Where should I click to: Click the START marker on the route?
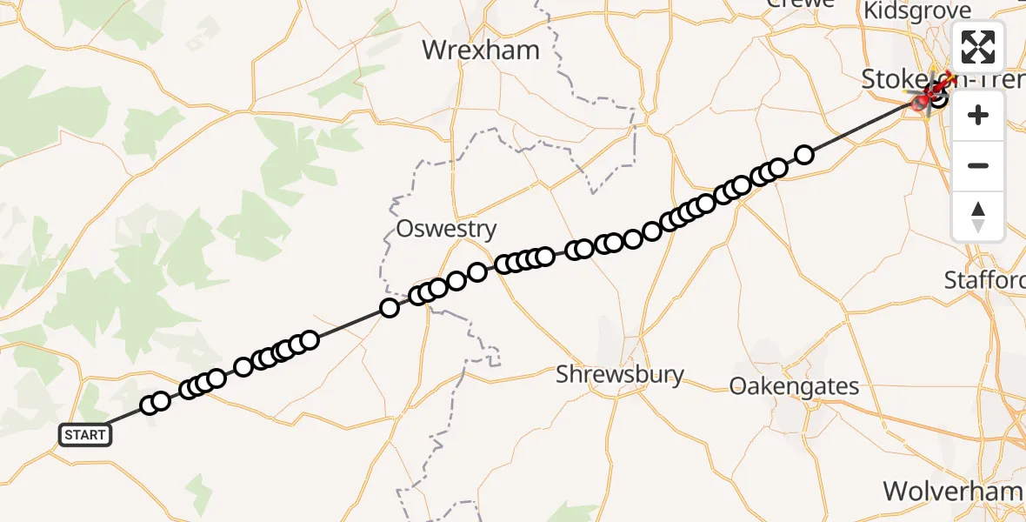tap(85, 434)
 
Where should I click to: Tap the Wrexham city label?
tap(481, 50)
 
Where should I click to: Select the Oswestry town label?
tap(446, 229)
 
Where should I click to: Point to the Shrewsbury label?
tap(620, 375)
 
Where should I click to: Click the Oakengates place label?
tap(795, 386)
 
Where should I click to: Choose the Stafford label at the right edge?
tap(985, 280)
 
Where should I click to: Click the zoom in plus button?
tap(978, 116)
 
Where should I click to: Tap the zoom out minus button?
tap(978, 165)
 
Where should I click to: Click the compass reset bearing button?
tap(978, 217)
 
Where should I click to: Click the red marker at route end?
tap(922, 104)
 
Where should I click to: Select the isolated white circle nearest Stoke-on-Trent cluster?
tap(804, 155)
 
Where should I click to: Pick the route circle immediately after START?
tap(150, 405)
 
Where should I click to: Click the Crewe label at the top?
tap(799, 3)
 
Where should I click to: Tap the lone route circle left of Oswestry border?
tap(390, 307)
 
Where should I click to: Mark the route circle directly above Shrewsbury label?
tap(613, 242)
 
